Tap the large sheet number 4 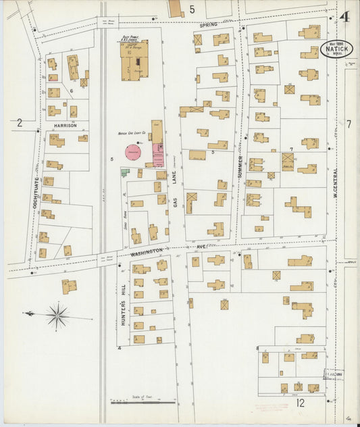click(x=345, y=18)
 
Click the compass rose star click(x=58, y=315)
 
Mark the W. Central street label click(x=334, y=183)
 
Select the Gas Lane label click(x=174, y=189)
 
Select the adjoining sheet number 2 click(x=20, y=123)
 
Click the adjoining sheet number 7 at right click(x=349, y=124)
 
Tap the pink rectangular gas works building click(x=158, y=154)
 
